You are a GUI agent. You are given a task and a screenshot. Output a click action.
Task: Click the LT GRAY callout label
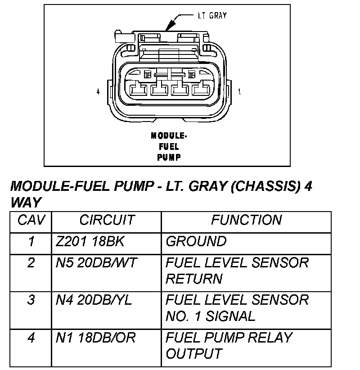(x=212, y=16)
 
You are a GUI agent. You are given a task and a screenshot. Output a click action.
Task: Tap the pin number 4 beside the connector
(x=98, y=92)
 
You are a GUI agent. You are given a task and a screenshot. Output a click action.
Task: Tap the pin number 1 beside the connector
(x=240, y=92)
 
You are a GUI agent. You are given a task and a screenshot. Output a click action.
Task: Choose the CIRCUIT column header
(x=107, y=220)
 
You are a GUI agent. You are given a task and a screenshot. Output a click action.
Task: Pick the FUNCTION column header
(x=246, y=220)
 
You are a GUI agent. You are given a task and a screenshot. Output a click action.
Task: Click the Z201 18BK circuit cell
(x=90, y=242)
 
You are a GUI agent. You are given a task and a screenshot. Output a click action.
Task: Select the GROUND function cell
(x=196, y=242)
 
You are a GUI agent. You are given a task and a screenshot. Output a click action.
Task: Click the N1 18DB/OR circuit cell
(x=95, y=338)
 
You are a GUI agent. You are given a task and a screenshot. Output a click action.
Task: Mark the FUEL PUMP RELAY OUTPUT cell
(x=229, y=346)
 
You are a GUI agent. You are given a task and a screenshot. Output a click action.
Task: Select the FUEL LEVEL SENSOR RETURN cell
(x=237, y=271)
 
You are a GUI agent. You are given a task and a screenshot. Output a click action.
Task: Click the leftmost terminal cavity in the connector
(x=137, y=90)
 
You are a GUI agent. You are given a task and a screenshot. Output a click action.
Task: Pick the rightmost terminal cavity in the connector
(x=200, y=90)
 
